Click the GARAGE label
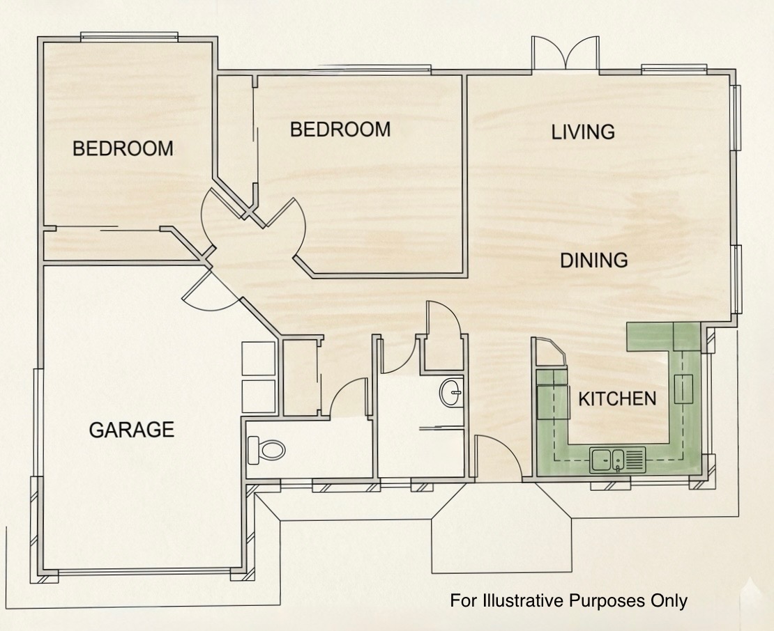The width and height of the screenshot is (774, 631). tap(132, 430)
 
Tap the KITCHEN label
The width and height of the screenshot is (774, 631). tap(617, 399)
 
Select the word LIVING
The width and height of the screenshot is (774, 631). tap(583, 132)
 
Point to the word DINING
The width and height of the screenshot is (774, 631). tap(594, 260)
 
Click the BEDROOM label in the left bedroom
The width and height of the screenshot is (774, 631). tap(123, 148)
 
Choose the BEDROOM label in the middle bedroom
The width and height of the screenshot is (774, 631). tap(340, 129)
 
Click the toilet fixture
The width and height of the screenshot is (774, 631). tap(266, 450)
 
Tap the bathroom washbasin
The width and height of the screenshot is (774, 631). tap(451, 392)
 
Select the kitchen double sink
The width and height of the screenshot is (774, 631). tap(618, 460)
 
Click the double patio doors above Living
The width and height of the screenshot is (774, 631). tap(566, 53)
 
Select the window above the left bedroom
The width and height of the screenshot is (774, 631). tap(129, 36)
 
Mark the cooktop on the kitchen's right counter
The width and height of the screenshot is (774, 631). tap(683, 389)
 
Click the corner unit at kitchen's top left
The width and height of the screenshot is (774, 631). tap(550, 352)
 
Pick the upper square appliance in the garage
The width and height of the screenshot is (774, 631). tap(258, 358)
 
